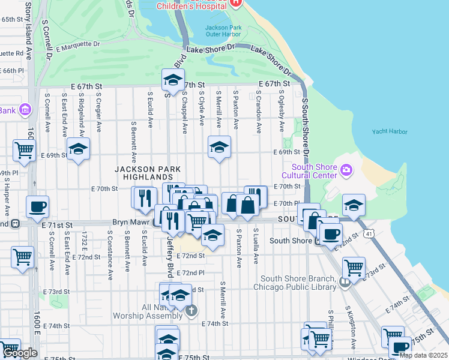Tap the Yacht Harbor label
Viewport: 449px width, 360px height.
[x=389, y=132]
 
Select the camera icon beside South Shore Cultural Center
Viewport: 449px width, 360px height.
[x=345, y=171]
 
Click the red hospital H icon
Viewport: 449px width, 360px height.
[x=235, y=3]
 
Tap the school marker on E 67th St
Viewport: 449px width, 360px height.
[x=172, y=80]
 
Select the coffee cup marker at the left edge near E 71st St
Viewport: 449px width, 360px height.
[x=37, y=207]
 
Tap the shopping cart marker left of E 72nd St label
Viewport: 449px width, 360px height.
[x=22, y=257]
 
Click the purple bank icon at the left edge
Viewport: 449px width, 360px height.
[x=25, y=110]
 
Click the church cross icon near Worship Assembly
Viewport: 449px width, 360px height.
[x=191, y=310]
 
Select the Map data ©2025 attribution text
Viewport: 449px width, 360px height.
[x=423, y=355]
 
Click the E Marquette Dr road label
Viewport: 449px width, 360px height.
[x=77, y=46]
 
